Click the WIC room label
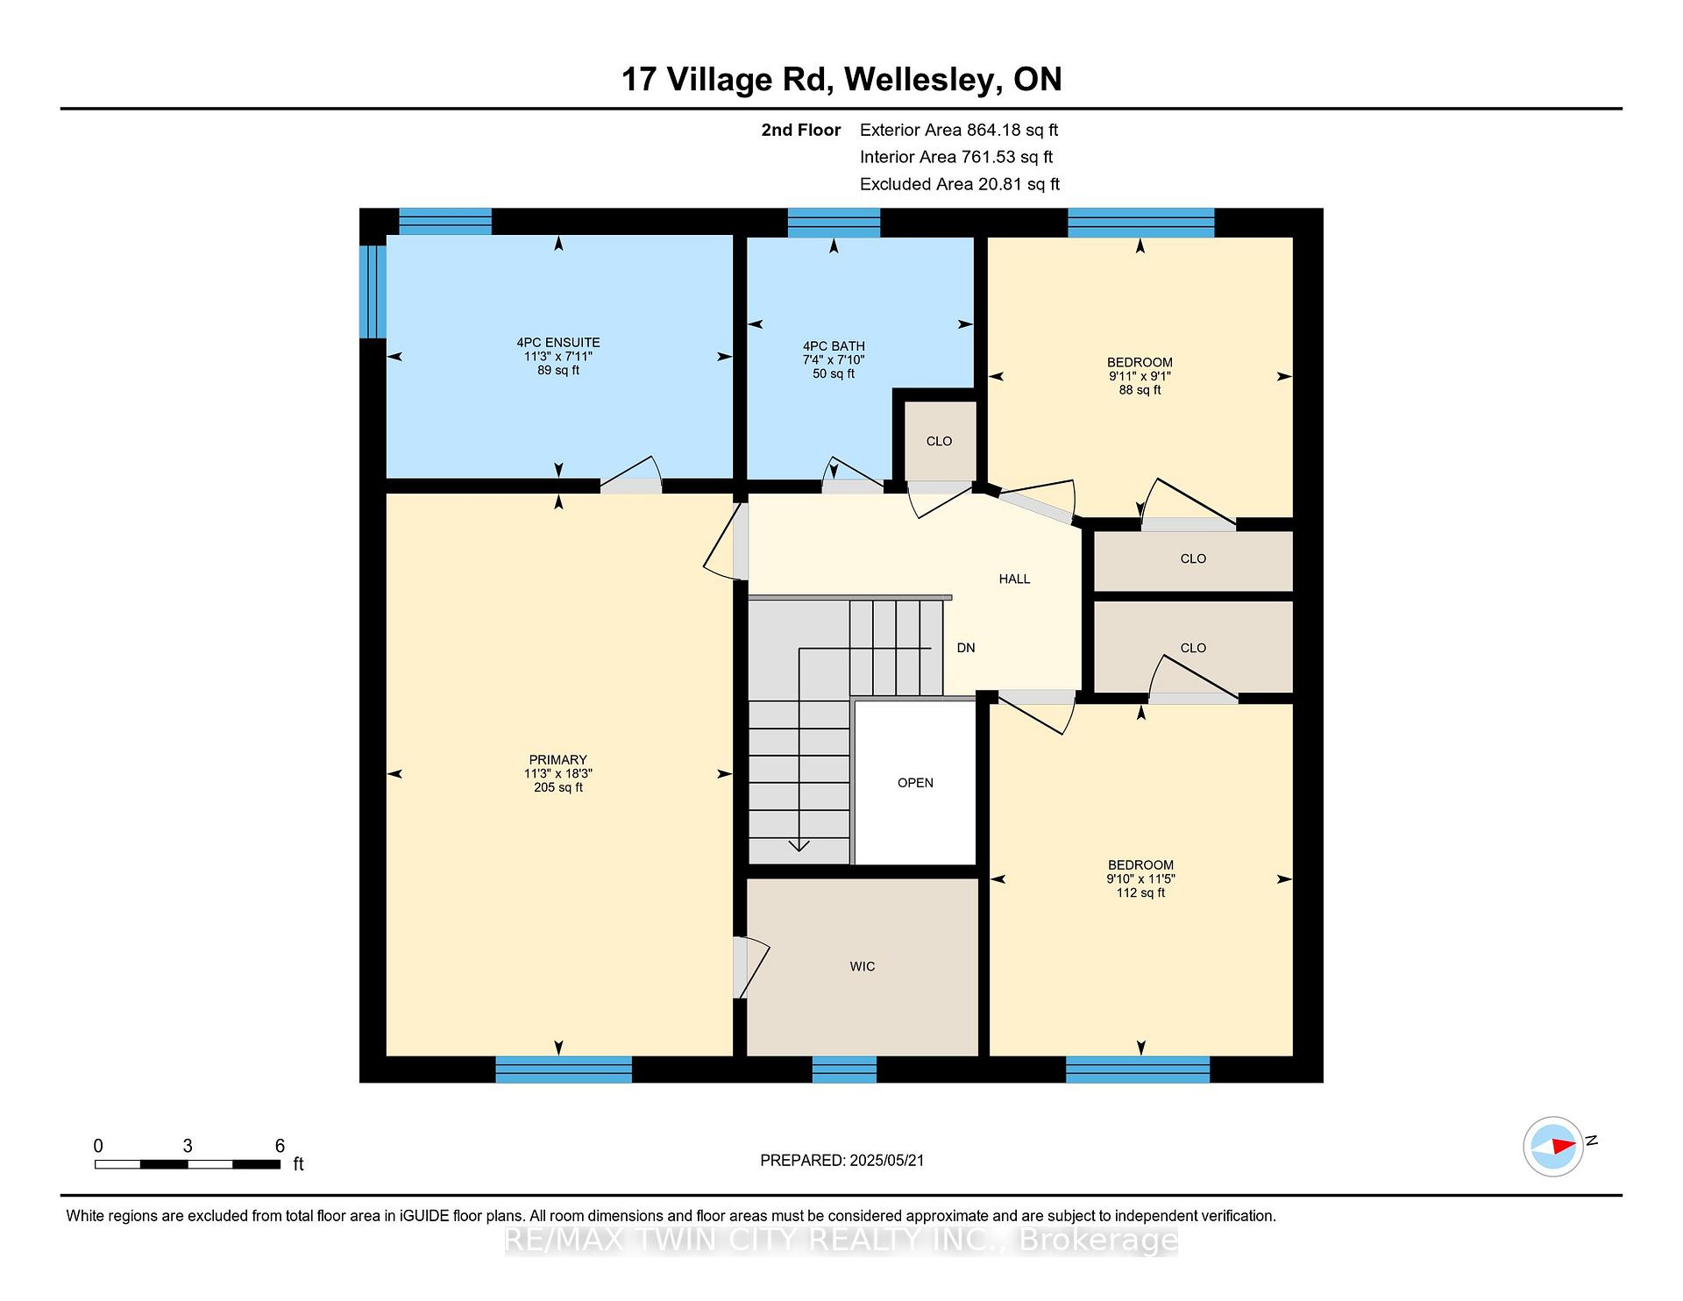tap(863, 966)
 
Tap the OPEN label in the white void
tap(915, 783)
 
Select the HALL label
tap(1014, 579)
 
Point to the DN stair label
tap(966, 648)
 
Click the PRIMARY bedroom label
tap(558, 760)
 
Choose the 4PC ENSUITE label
tap(558, 343)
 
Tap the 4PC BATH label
tap(834, 346)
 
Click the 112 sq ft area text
tap(1140, 892)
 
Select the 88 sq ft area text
tap(1140, 390)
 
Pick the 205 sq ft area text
tap(558, 787)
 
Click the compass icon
tap(1553, 1146)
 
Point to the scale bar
tap(188, 1164)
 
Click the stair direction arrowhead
tap(799, 845)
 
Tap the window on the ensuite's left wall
tap(373, 291)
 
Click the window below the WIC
tap(844, 1070)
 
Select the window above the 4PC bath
tap(834, 223)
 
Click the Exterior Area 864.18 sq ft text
tap(959, 130)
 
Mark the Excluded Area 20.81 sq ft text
tap(960, 184)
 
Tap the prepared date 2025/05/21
tap(886, 1160)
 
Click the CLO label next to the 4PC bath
tap(939, 441)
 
